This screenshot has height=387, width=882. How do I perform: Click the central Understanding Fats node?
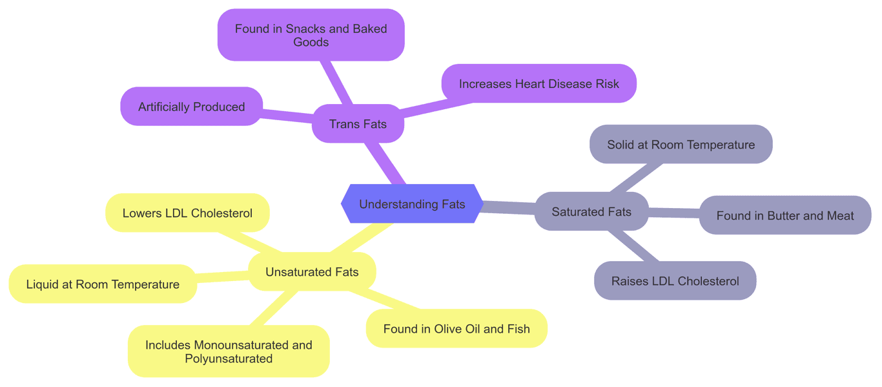[412, 204]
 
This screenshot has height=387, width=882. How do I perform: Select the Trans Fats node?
[358, 123]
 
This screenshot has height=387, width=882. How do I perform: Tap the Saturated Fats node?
[591, 211]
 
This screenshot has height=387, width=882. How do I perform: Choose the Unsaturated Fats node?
[312, 272]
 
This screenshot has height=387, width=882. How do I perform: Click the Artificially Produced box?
[191, 107]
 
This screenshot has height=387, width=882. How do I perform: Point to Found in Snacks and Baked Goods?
[311, 35]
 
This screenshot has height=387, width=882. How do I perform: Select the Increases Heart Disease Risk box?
[538, 83]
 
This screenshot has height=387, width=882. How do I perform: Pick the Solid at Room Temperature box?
[681, 144]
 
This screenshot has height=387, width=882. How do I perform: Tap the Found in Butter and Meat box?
[785, 215]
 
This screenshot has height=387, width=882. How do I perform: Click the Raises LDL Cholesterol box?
[675, 280]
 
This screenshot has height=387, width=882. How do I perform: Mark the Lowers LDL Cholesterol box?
[187, 213]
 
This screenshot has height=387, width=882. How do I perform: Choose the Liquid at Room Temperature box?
[103, 284]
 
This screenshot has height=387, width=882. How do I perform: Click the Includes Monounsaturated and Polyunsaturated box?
[229, 351]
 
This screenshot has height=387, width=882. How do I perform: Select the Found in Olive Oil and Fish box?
[456, 328]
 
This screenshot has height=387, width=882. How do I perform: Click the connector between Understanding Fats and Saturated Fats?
[509, 207]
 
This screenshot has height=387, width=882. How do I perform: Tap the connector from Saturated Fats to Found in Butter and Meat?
[673, 213]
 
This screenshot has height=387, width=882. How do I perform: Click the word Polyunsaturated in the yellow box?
[229, 359]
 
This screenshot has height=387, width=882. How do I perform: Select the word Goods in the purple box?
[311, 42]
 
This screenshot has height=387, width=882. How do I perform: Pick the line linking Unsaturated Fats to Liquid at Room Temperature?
[223, 277]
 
